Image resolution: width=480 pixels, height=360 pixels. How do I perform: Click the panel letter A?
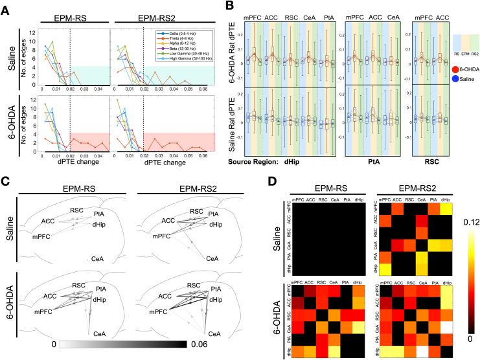[6, 6]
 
